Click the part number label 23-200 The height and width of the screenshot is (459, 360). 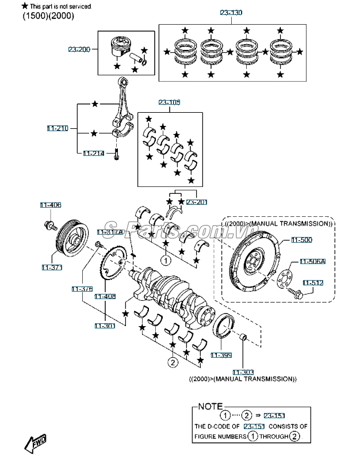pyautogui.click(x=79, y=50)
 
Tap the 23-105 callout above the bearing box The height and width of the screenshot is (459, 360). pyautogui.click(x=170, y=102)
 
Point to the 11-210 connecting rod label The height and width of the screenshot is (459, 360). pyautogui.click(x=58, y=128)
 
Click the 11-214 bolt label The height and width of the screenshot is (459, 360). pyautogui.click(x=93, y=154)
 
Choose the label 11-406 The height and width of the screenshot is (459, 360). pyautogui.click(x=50, y=205)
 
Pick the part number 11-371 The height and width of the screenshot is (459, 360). pyautogui.click(x=51, y=267)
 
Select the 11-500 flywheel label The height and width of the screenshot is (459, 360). pyautogui.click(x=301, y=239)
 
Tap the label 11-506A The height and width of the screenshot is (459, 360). pyautogui.click(x=312, y=262)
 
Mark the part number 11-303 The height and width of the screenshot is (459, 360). pyautogui.click(x=243, y=372)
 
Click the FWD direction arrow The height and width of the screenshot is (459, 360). pyautogui.click(x=35, y=443)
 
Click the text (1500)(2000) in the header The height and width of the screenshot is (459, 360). pyautogui.click(x=48, y=16)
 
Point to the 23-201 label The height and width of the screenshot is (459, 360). pyautogui.click(x=197, y=202)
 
